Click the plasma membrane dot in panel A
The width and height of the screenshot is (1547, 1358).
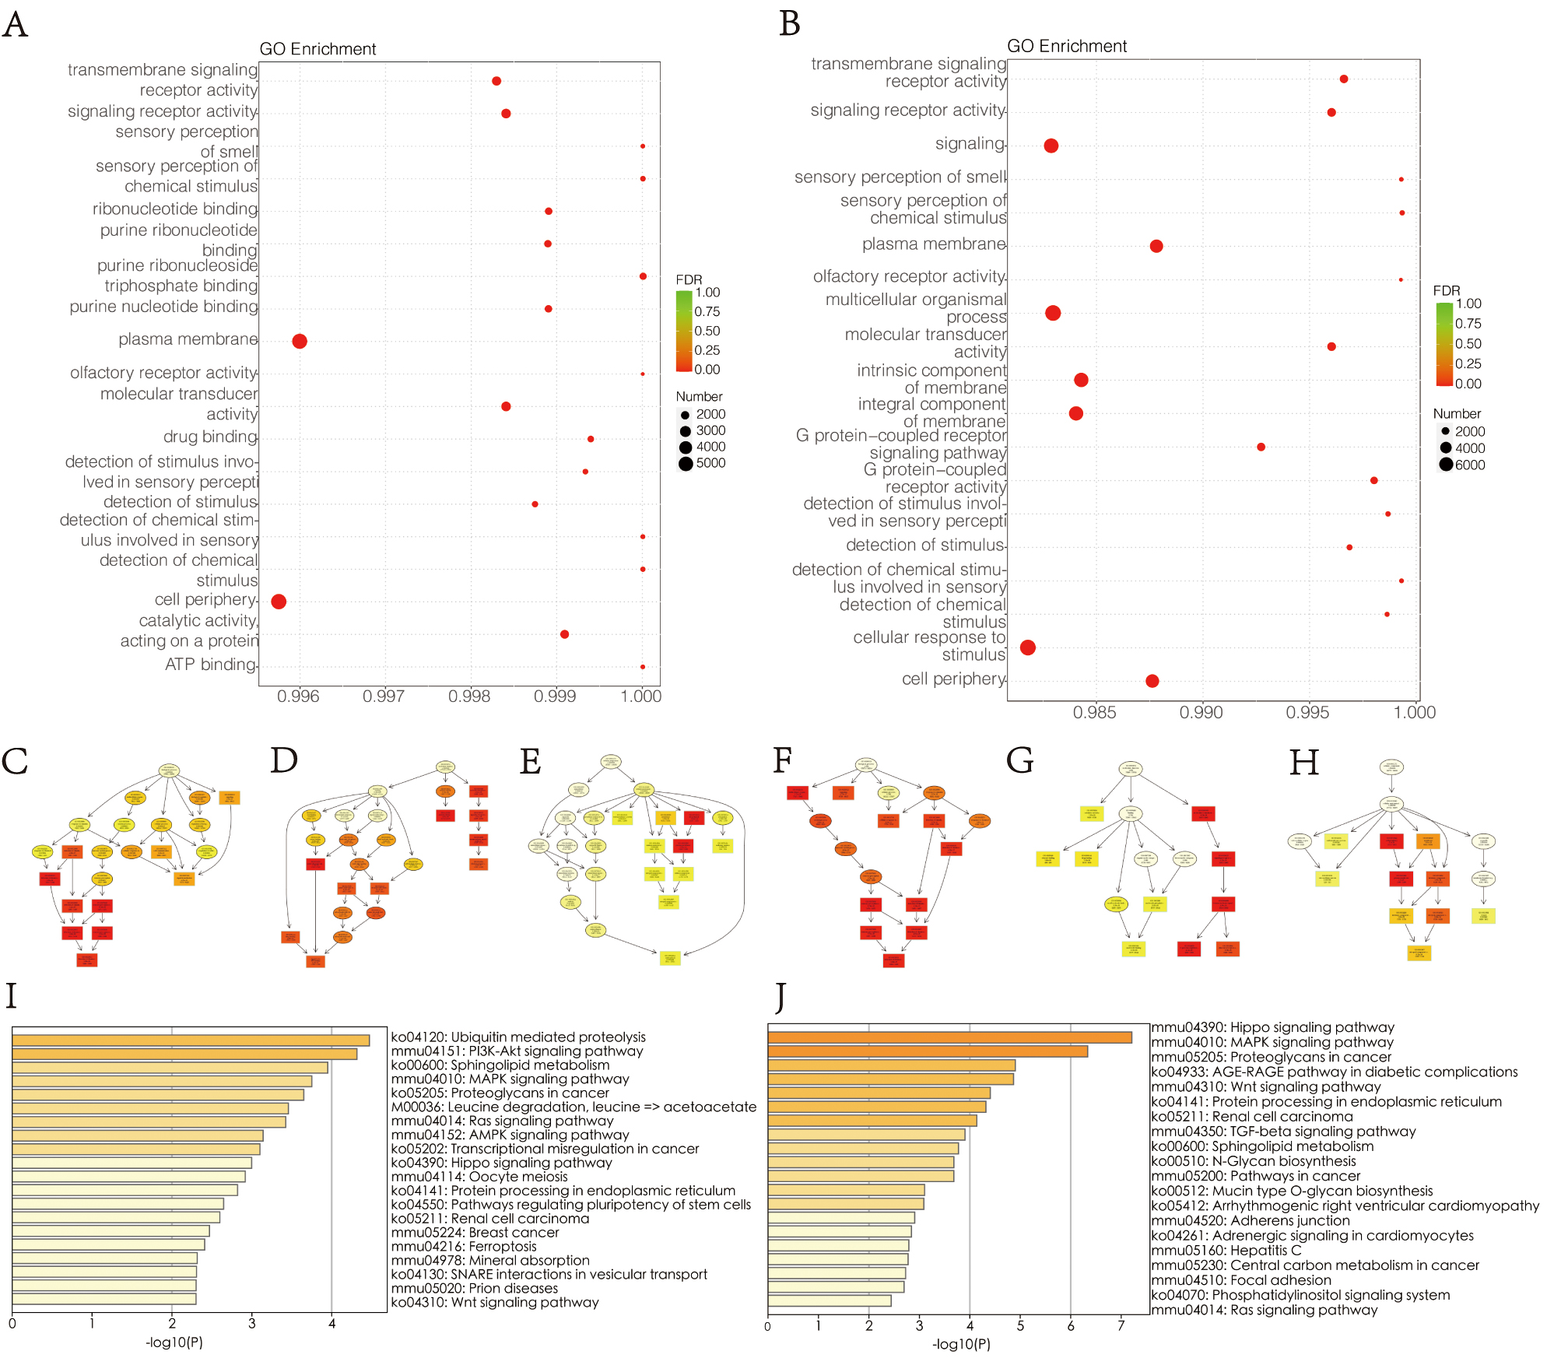pos(300,341)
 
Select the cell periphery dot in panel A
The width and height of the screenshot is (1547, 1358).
pos(279,602)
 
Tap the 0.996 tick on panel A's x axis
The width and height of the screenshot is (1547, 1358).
pos(298,697)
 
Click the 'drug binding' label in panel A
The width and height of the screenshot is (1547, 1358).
pos(210,437)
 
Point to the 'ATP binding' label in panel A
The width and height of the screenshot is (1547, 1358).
pos(210,665)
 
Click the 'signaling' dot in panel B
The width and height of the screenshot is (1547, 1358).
pos(1051,146)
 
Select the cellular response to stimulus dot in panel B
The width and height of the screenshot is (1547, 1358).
pos(1028,647)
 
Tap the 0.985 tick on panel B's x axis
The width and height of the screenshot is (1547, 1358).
pos(1094,712)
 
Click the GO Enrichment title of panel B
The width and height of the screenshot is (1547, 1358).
pos(1067,46)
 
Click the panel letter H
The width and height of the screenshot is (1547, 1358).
pos(1304,763)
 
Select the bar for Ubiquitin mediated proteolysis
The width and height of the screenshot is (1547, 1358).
pos(191,1040)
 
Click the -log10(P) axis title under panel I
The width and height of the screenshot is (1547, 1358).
pos(174,1342)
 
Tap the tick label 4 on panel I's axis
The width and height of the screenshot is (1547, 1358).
pos(332,1323)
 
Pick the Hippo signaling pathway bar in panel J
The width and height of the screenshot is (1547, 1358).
pos(949,1037)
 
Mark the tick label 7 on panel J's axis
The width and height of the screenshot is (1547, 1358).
pos(1121,1325)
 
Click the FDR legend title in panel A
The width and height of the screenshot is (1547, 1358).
pos(689,279)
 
